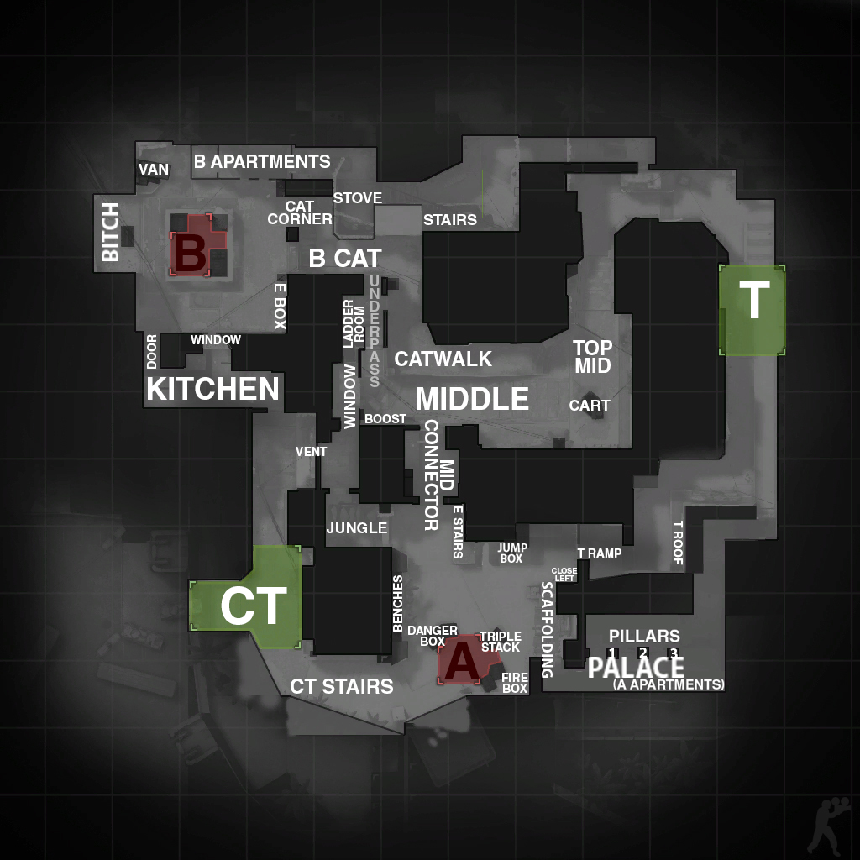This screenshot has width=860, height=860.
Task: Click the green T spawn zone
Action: point(752,310)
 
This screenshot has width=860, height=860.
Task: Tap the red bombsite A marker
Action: point(464,660)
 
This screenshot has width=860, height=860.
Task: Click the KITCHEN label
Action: point(212,388)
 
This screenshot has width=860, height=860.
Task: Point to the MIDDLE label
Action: point(472,399)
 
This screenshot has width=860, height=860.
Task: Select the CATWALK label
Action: point(443,359)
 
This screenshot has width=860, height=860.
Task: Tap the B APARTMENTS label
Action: point(262,161)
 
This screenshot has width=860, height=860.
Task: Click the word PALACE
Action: point(637,667)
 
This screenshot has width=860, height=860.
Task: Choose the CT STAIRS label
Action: point(342,686)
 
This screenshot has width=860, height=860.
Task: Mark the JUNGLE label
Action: point(357,527)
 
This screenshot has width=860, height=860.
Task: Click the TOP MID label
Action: point(593,356)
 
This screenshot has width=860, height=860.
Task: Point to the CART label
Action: point(590,406)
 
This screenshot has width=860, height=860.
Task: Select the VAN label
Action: point(154,170)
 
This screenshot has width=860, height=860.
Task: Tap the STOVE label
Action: point(358,198)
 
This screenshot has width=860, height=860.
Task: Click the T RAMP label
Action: point(600,553)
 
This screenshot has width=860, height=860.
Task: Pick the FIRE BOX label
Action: point(515,683)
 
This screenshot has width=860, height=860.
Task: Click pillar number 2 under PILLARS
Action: point(643,653)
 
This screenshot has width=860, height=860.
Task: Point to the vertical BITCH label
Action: point(111,232)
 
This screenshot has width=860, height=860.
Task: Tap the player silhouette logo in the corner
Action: point(830,826)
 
